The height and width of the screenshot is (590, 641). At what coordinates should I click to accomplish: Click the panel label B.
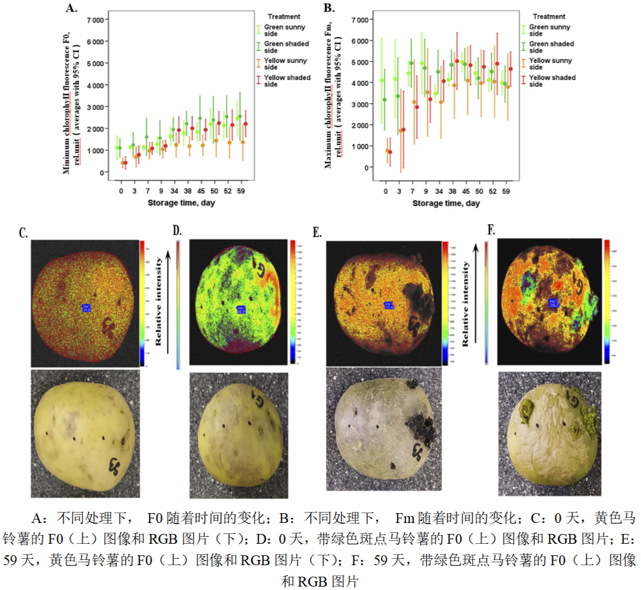329,8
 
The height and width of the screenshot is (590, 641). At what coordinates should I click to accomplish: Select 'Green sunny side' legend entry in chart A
284,30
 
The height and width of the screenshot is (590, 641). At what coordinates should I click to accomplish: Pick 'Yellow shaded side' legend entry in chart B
549,81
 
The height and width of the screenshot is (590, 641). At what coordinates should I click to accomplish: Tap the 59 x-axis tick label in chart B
506,191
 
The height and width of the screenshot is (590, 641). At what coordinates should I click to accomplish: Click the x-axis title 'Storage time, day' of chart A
181,203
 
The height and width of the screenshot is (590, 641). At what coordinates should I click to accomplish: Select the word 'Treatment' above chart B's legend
549,17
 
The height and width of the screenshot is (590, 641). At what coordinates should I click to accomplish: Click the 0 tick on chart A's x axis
121,191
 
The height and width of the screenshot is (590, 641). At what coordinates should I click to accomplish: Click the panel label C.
24,233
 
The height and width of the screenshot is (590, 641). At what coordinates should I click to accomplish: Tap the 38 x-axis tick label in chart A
187,191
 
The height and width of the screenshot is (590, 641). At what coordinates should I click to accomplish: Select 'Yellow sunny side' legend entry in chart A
284,64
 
